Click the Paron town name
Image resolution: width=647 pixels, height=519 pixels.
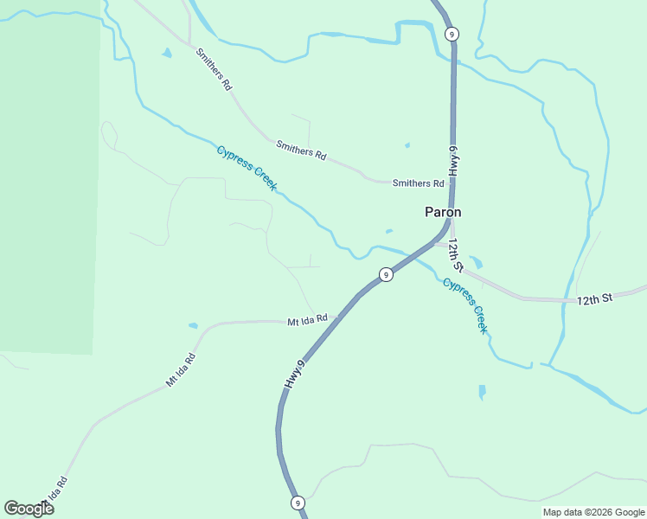click(442, 212)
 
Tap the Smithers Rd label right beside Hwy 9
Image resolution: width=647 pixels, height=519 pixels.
click(418, 183)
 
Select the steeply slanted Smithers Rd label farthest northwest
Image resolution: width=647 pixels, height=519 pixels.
click(214, 70)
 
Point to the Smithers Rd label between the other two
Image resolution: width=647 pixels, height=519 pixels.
click(301, 151)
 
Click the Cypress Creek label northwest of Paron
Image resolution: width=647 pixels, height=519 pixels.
click(247, 169)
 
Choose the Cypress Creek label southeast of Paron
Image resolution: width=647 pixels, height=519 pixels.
click(465, 306)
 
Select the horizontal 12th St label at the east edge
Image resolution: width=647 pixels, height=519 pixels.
click(594, 298)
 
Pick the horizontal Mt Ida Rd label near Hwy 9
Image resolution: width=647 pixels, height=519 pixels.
click(307, 320)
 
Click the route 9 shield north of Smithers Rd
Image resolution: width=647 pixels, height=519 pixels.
click(452, 34)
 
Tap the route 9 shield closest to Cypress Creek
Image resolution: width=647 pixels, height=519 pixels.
click(386, 275)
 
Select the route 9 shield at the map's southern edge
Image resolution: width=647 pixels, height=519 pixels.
click(298, 503)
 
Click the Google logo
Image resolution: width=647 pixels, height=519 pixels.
click(29, 509)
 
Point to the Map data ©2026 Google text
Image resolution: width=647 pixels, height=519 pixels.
click(593, 512)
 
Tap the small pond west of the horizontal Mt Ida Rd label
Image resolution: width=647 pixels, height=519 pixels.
click(192, 326)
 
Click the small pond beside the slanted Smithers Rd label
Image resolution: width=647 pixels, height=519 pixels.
click(166, 53)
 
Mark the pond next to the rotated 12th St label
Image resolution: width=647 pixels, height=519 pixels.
click(476, 261)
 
